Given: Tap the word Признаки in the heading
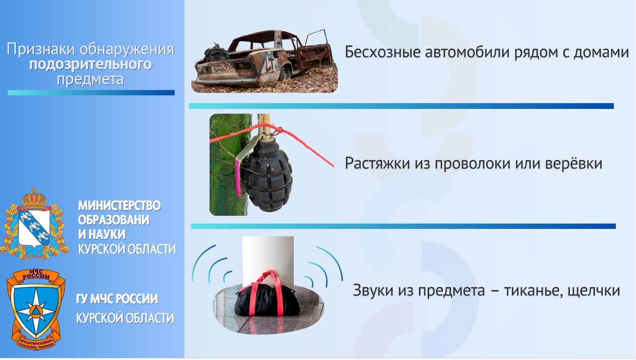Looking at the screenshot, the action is (41, 49).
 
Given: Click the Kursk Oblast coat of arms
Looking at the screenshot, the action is (35, 224).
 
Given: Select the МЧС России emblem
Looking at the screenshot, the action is (36, 309).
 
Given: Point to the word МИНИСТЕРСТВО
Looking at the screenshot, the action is (119, 206).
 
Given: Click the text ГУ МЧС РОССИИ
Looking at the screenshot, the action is (117, 299).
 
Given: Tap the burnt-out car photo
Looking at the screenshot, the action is (265, 61).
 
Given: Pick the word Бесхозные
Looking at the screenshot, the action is (383, 52).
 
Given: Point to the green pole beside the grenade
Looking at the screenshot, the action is (228, 165).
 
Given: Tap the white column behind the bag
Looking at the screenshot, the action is (268, 260).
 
